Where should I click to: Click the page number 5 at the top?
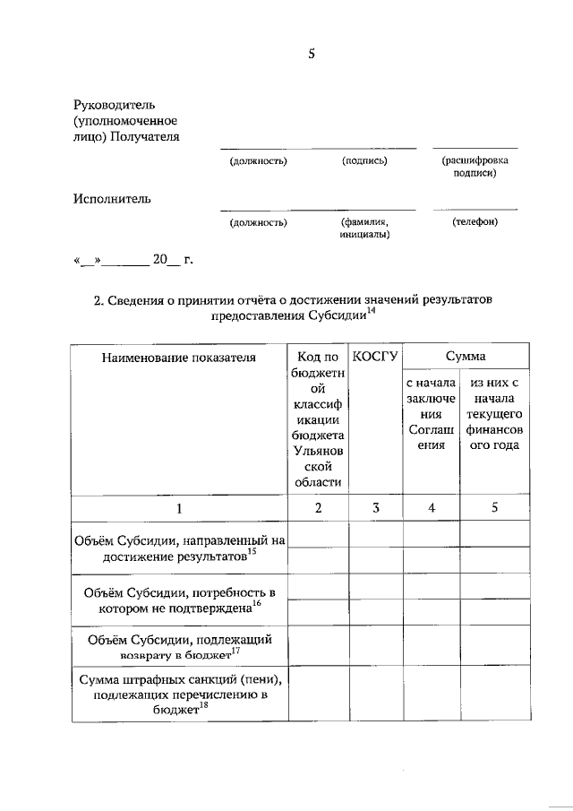click(312, 54)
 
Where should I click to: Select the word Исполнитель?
click(112, 198)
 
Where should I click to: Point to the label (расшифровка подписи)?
click(475, 167)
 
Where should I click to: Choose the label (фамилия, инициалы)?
click(363, 228)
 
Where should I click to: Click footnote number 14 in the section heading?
click(372, 311)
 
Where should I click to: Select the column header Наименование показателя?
click(178, 358)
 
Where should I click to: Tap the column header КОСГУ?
click(375, 357)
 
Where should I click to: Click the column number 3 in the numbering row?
click(375, 508)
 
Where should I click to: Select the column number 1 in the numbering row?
click(178, 508)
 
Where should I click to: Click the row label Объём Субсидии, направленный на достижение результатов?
click(178, 548)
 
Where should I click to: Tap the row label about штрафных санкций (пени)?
click(178, 694)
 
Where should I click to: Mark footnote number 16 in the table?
click(257, 603)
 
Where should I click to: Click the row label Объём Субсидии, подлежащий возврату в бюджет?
click(178, 648)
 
